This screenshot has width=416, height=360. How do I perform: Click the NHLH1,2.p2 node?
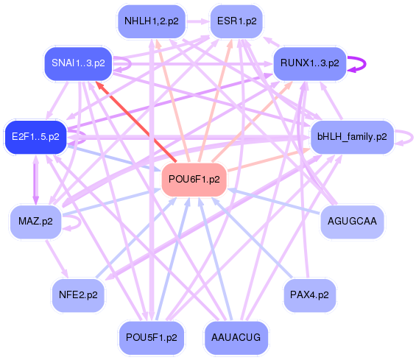tap(150, 20)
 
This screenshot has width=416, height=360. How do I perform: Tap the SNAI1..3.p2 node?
tap(79, 63)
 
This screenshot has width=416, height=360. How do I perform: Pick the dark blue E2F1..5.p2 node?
tap(35, 136)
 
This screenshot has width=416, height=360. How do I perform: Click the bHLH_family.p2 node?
tap(352, 136)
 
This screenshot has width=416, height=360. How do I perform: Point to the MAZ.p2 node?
tap(35, 220)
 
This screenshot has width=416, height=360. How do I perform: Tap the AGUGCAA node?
tap(352, 220)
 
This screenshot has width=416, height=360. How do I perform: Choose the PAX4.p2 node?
tap(310, 294)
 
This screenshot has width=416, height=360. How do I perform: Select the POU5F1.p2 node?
tap(150, 337)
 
